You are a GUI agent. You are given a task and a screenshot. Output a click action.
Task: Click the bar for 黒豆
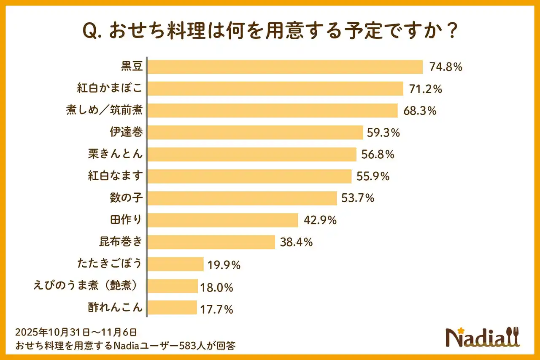[285, 67]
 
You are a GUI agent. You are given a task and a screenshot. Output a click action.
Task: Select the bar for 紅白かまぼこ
[275, 89]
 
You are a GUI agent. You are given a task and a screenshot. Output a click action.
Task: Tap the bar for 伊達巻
[255, 133]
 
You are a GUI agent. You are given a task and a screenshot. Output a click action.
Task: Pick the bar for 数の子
[242, 198]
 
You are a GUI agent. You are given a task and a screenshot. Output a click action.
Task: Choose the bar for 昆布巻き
[211, 242]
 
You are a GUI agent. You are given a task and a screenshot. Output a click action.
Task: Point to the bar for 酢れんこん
[172, 308]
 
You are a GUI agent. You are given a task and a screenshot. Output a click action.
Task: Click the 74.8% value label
[446, 67]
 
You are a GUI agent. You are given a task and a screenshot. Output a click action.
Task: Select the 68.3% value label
[419, 111]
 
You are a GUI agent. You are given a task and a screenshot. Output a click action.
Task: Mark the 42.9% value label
[320, 220]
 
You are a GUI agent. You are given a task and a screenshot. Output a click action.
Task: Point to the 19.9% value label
[224, 265]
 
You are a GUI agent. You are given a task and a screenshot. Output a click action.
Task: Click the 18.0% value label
[217, 288]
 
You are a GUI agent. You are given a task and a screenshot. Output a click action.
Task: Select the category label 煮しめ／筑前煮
[104, 111]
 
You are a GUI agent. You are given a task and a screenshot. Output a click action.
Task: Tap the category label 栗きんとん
[115, 154]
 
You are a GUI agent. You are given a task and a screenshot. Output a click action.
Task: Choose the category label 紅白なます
[115, 176]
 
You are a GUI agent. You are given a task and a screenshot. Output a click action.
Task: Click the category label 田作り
[126, 220]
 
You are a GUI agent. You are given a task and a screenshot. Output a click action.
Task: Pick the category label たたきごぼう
[110, 264]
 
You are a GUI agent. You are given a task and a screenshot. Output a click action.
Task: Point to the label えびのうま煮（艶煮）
[86, 286]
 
